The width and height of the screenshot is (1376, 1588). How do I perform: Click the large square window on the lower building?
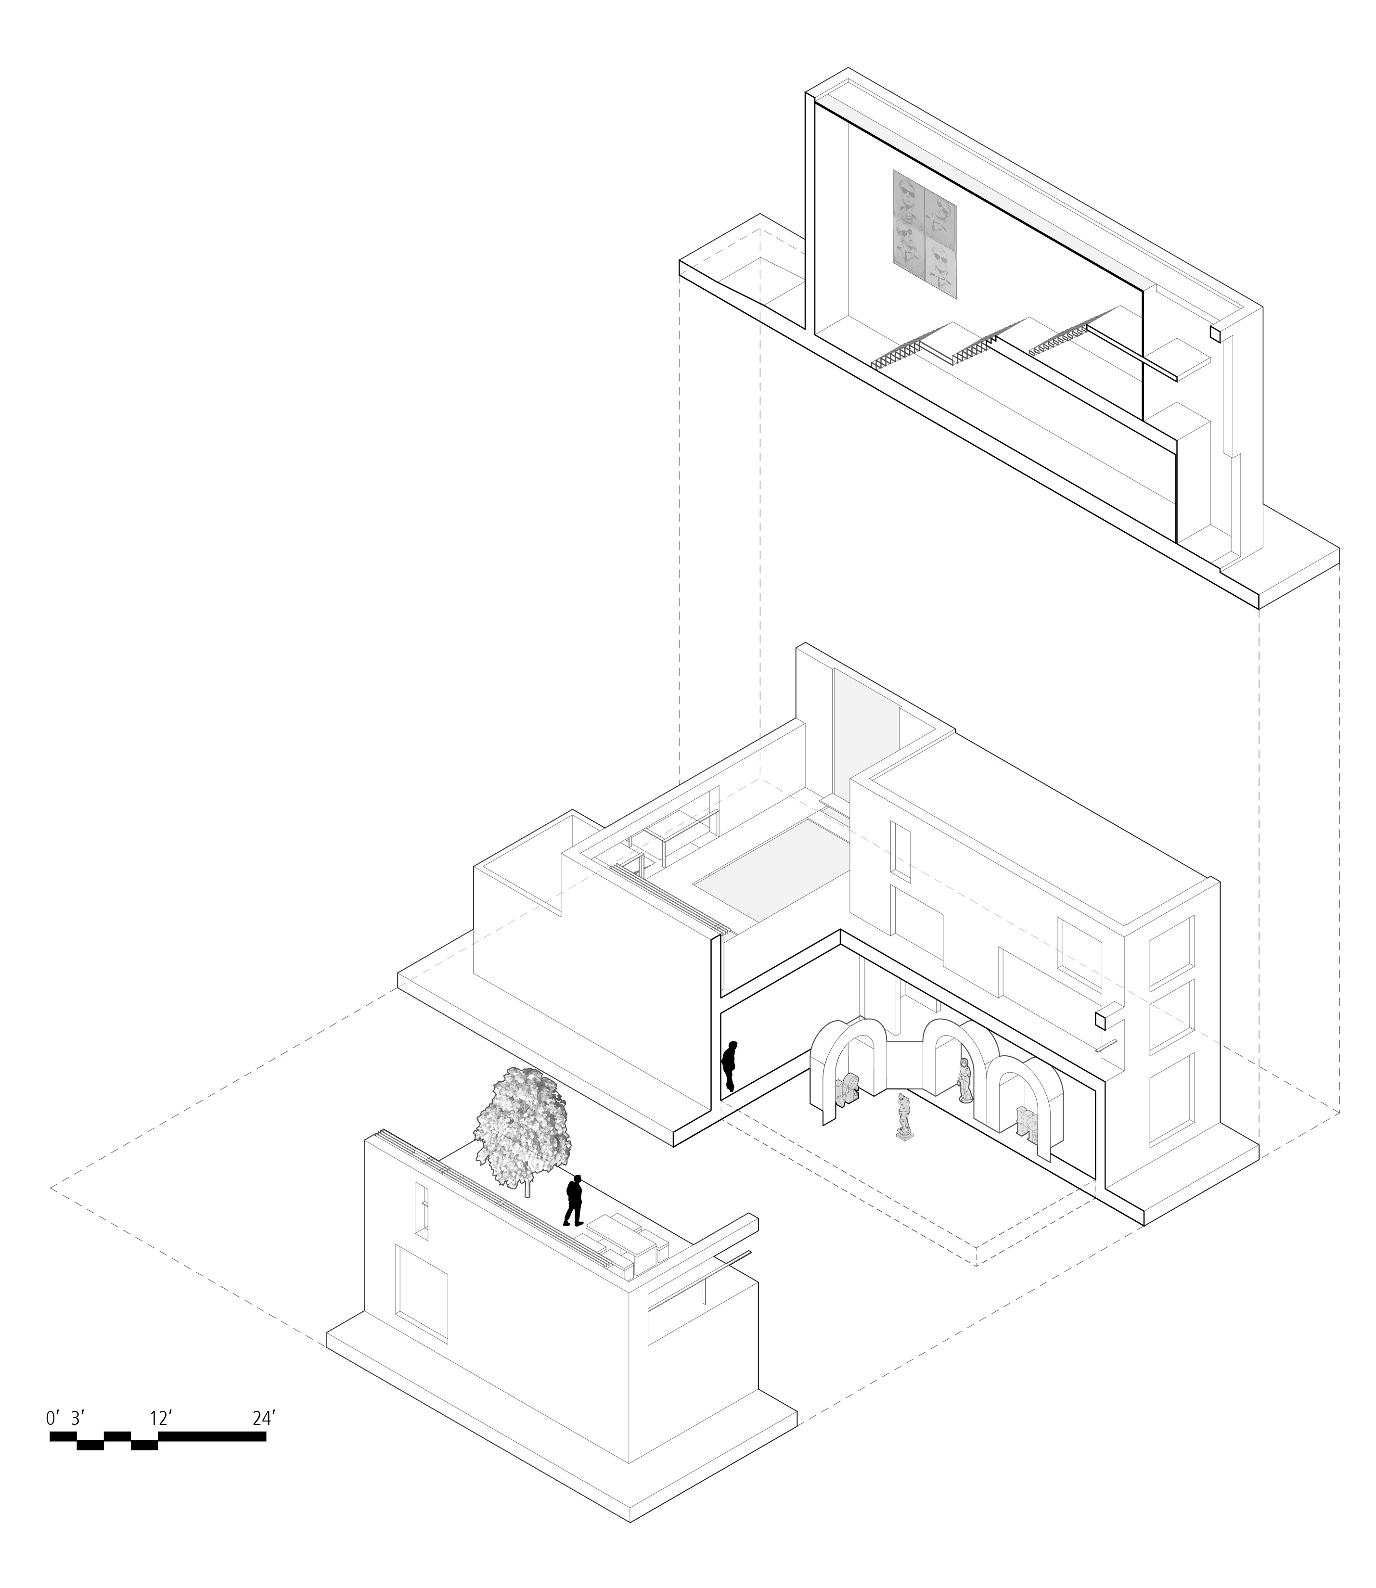click(421, 1293)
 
